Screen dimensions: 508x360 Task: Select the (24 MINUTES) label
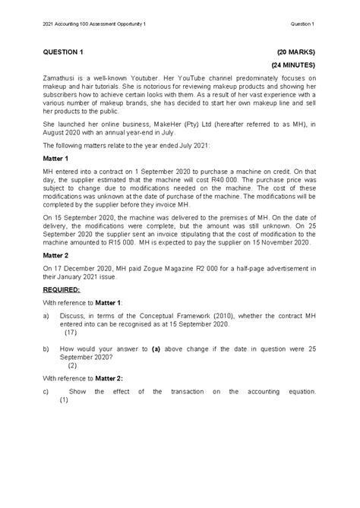(292, 65)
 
